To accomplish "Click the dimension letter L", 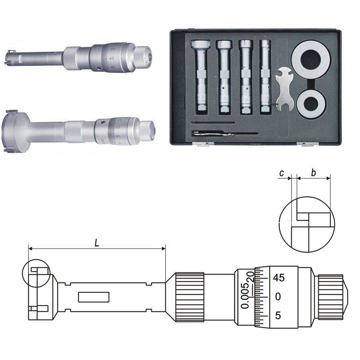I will [97, 243].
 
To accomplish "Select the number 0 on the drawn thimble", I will [278, 297].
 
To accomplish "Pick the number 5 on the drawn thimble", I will [278, 315].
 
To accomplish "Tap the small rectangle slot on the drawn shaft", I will [94, 297].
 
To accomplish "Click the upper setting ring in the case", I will [308, 60].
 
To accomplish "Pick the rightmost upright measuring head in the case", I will [266, 76].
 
